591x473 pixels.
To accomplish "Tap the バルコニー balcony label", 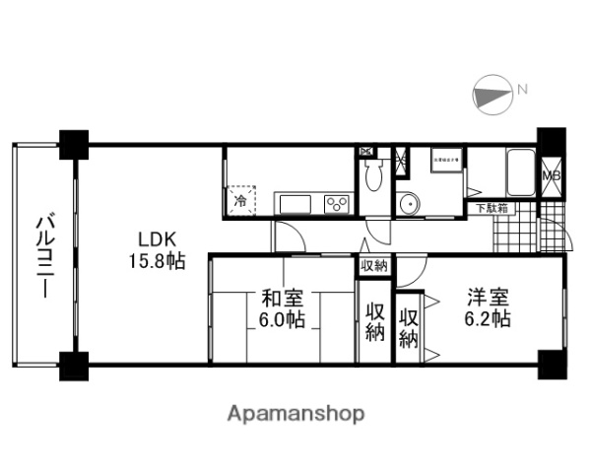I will tap(45, 256).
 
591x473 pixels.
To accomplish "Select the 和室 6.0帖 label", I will tap(283, 309).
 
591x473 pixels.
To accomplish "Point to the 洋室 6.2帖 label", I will tap(487, 306).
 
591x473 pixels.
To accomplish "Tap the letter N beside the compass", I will tap(523, 91).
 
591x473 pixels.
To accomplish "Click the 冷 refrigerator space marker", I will tap(241, 201).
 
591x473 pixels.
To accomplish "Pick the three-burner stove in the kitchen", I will tap(336, 204).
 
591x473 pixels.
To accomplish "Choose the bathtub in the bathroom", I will tap(517, 175).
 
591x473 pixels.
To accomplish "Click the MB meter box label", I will tap(553, 176).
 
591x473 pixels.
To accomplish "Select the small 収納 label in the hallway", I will tap(373, 266).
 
